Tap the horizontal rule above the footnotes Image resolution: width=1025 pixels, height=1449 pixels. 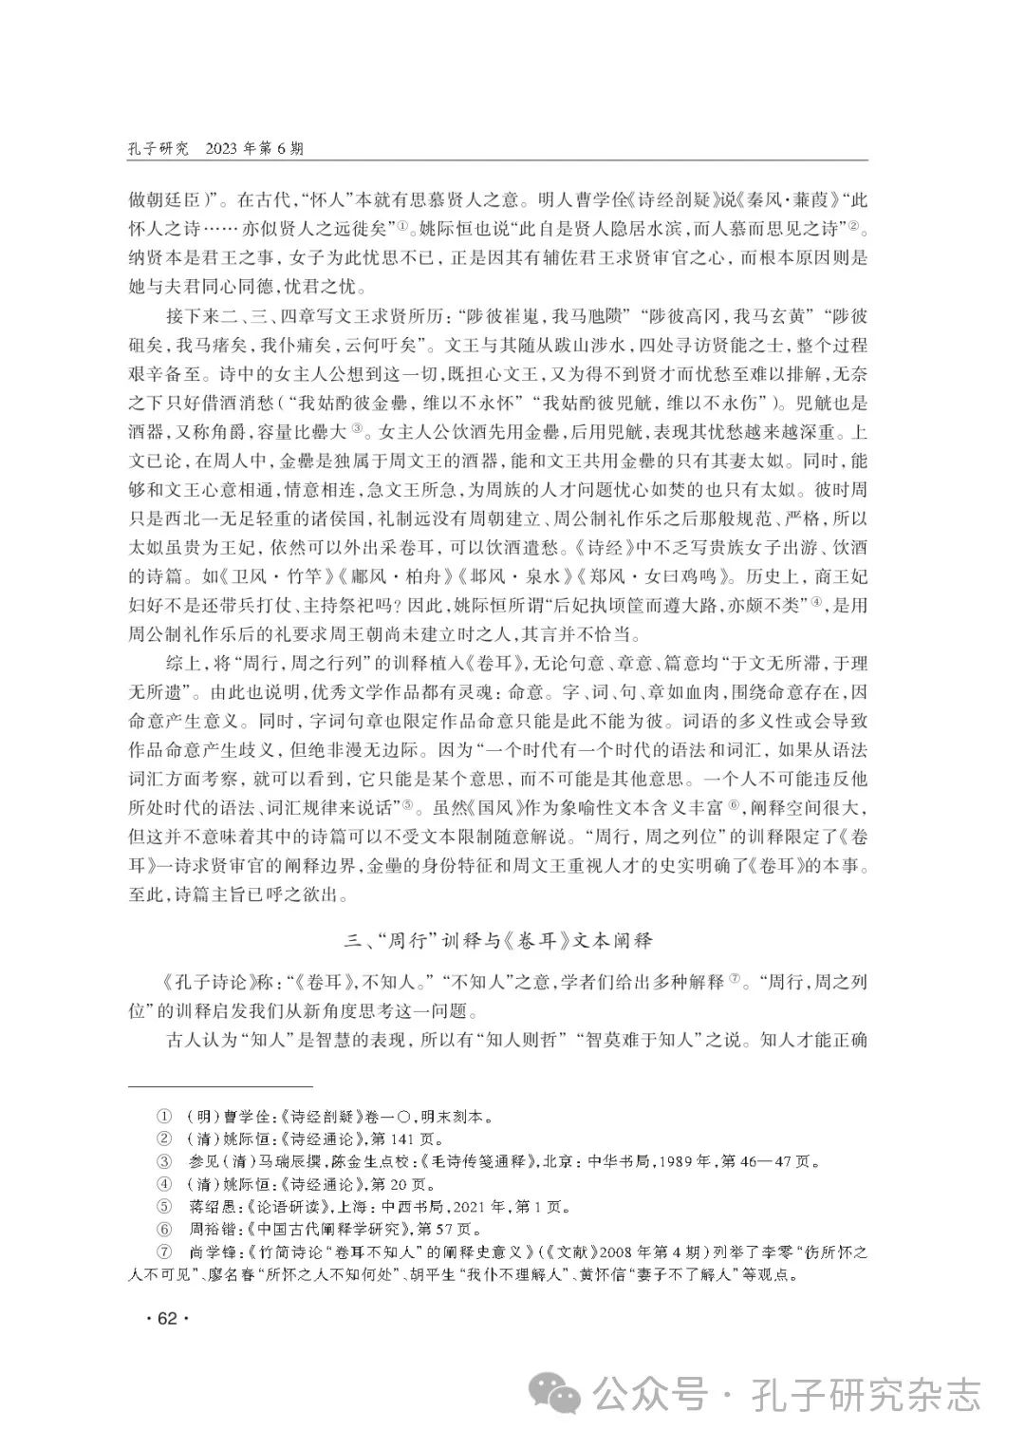tap(220, 1086)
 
